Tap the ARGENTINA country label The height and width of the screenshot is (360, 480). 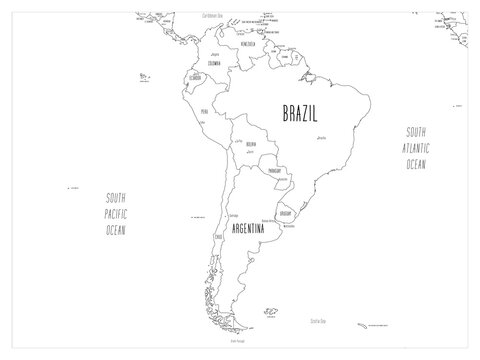coord(249,229)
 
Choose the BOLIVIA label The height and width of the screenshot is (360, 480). coord(253,146)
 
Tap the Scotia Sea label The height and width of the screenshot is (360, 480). coord(317,320)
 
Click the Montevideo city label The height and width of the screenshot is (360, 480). coord(291,224)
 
